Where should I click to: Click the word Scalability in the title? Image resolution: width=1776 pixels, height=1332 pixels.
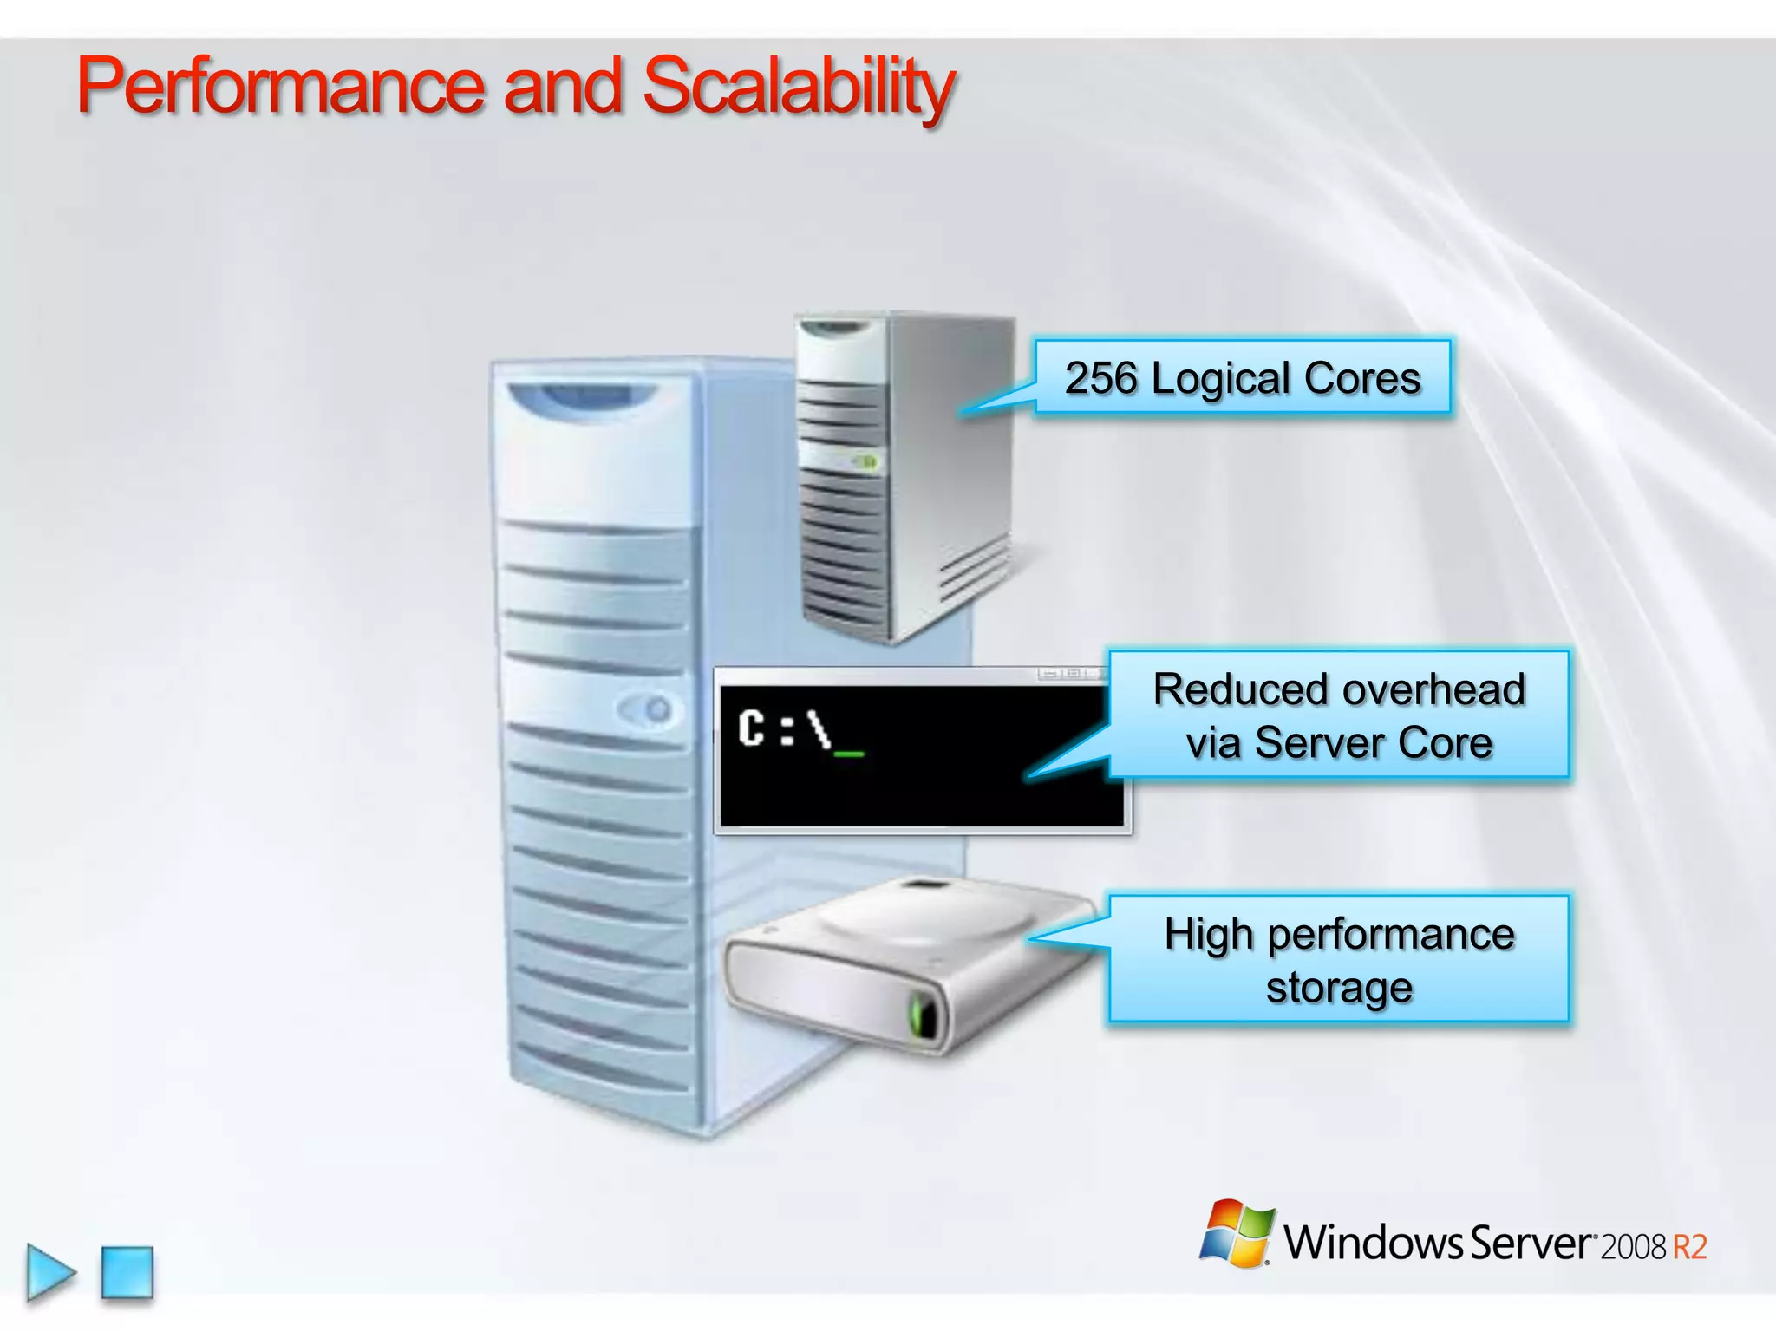798,87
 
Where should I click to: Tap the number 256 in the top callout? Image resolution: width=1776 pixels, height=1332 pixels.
1100,379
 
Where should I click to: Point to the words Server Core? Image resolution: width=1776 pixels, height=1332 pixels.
1374,743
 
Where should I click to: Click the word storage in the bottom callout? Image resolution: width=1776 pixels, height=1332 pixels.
1339,988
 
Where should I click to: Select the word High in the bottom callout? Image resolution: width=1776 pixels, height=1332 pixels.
1209,935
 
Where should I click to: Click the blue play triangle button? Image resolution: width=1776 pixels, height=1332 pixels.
50,1272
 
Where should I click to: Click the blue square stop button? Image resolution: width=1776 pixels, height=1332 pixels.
127,1272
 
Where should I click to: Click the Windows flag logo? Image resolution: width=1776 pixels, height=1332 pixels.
1237,1234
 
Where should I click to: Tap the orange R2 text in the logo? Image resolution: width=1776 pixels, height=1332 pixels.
1689,1247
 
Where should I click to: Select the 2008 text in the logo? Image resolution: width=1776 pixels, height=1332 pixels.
1633,1247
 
